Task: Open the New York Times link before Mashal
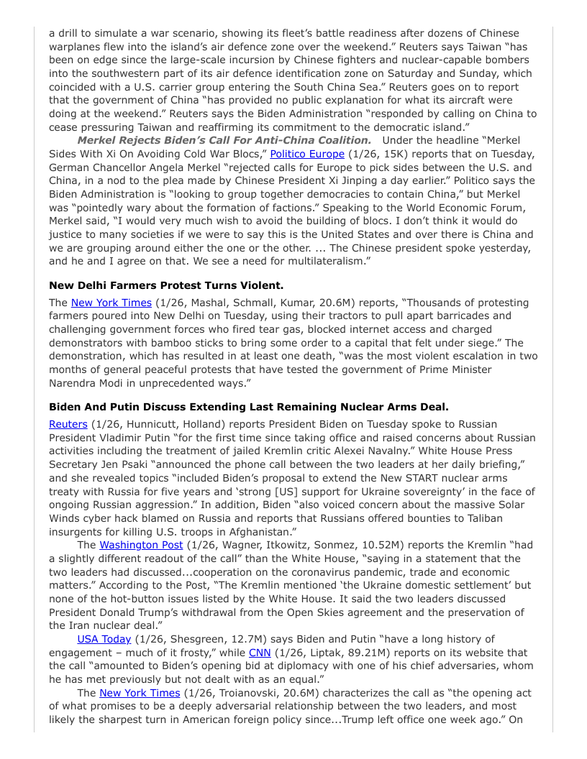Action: click(x=112, y=303)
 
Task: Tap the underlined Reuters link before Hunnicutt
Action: click(x=68, y=424)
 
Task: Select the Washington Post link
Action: click(x=141, y=545)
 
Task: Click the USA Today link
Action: click(x=104, y=638)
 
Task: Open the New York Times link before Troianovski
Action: click(x=140, y=693)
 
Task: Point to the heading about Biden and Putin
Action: click(x=249, y=407)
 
